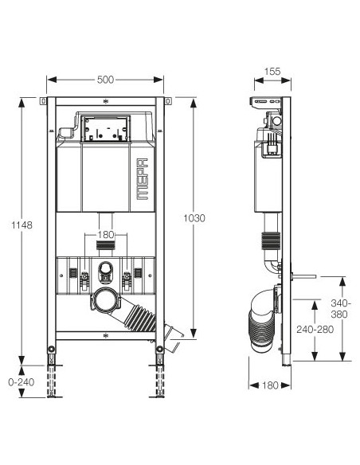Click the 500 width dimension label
click(105, 79)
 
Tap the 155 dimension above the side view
click(272, 72)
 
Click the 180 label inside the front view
click(105, 234)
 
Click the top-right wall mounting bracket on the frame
click(168, 102)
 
